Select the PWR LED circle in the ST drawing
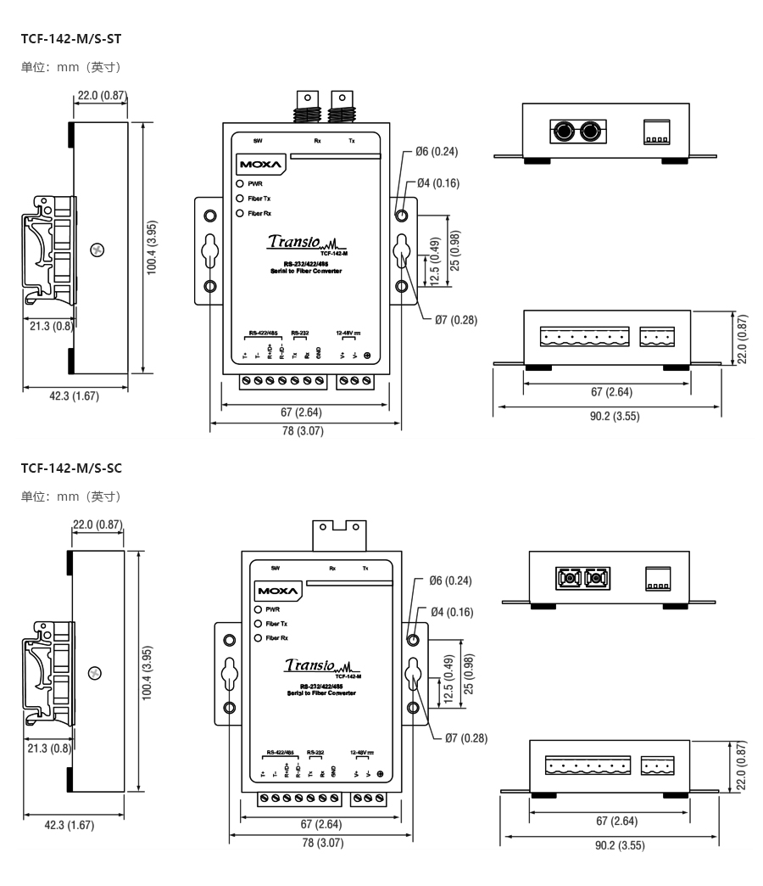pyautogui.click(x=241, y=182)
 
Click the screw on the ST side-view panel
pyautogui.click(x=98, y=250)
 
